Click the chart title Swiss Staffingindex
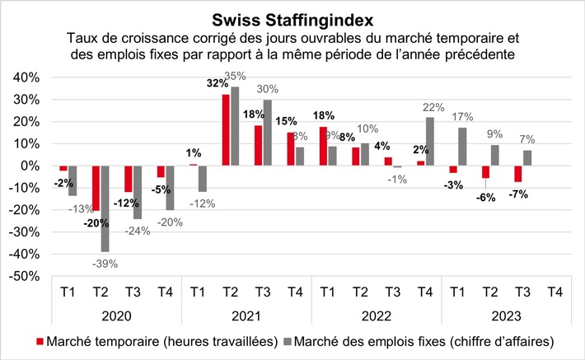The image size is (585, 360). tap(292, 18)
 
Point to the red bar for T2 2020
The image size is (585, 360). tap(96, 188)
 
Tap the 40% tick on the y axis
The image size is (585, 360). tap(24, 77)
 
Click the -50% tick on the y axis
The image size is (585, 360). tap(22, 278)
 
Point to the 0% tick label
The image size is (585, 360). tap(27, 166)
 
